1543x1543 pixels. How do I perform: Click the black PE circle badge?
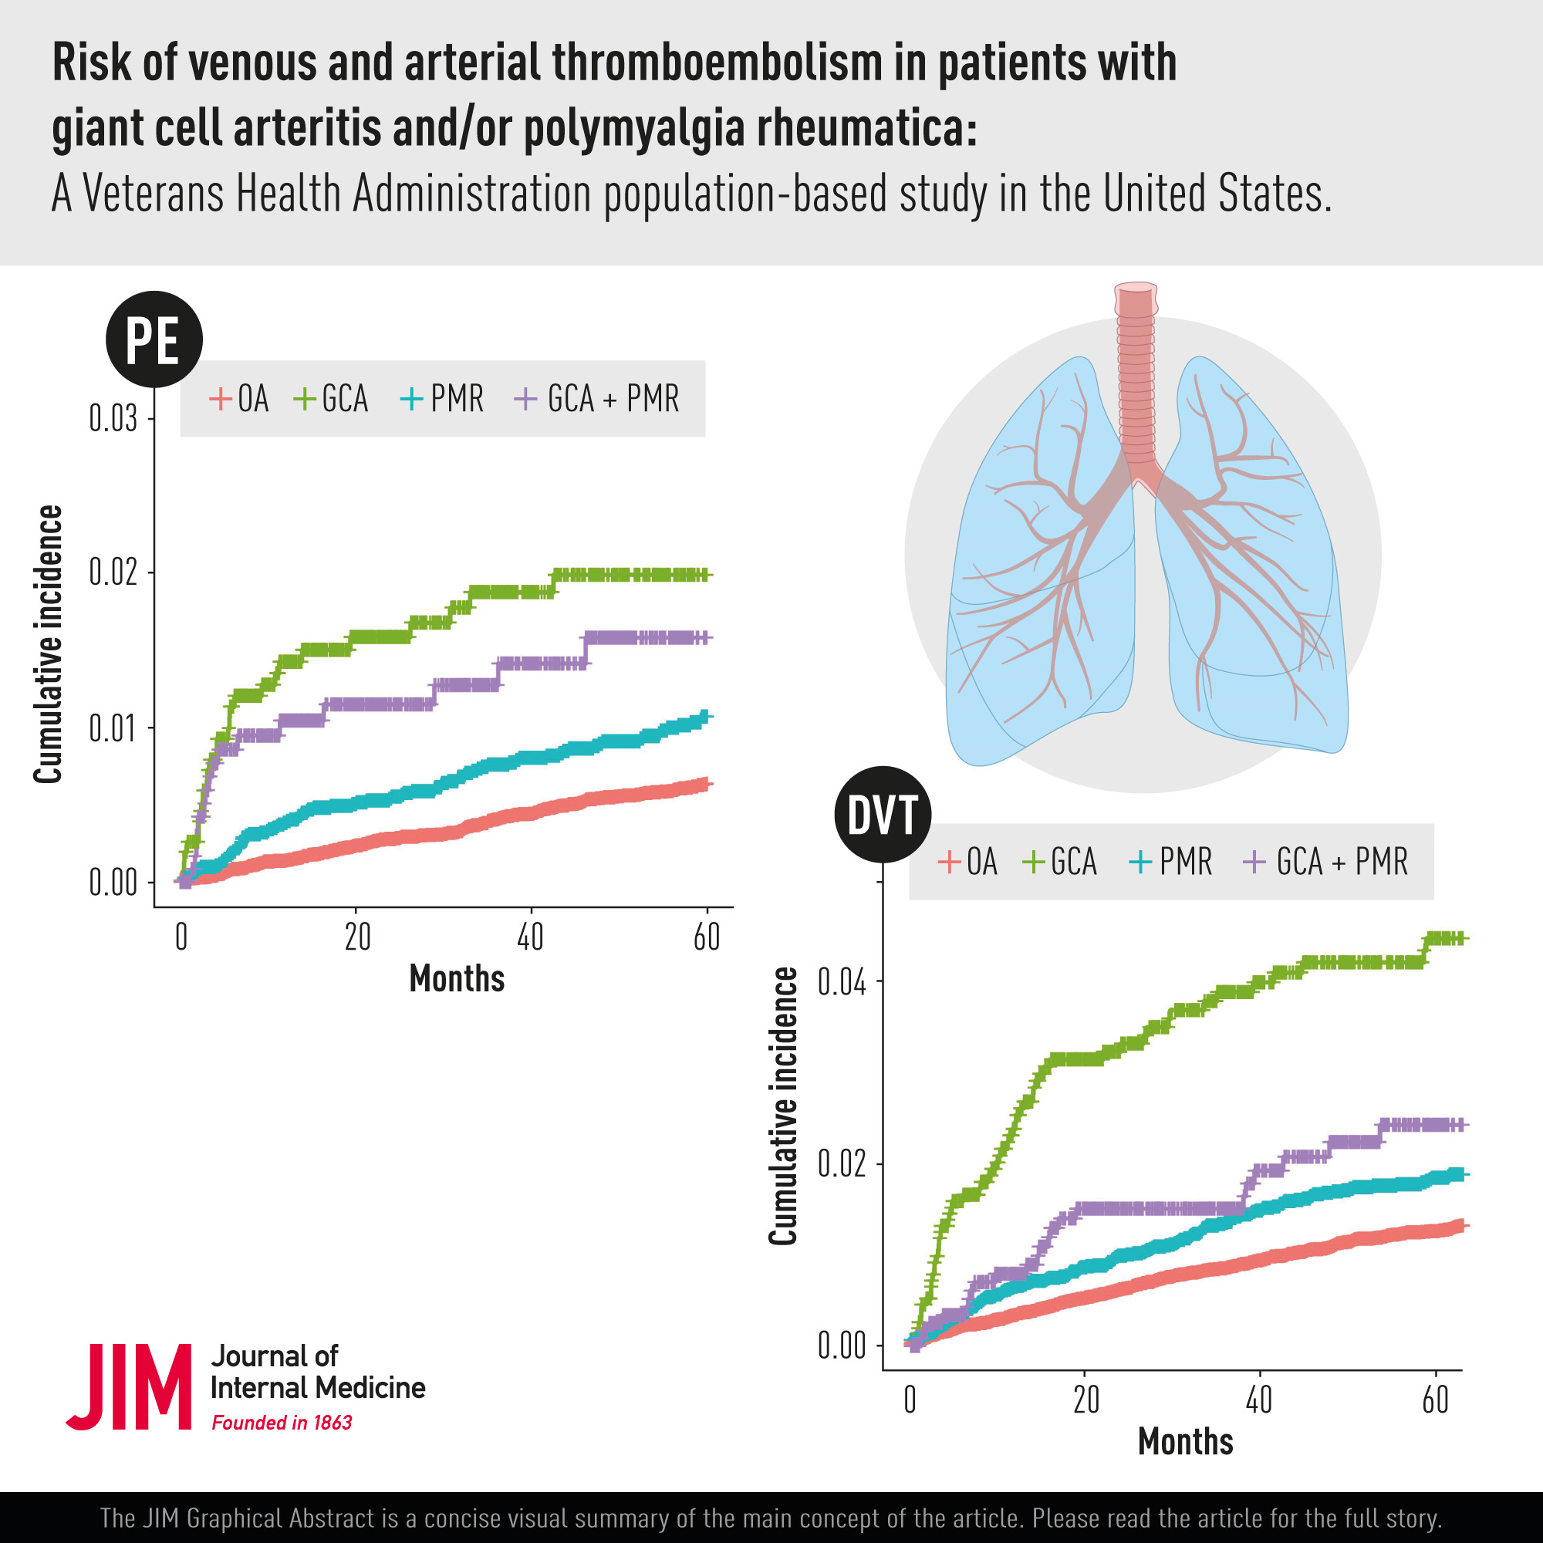tap(154, 340)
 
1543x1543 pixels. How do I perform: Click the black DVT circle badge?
tap(883, 815)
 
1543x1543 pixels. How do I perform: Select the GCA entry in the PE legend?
tap(332, 399)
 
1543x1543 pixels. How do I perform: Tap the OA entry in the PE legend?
tap(240, 399)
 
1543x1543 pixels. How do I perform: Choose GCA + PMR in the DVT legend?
tap(1325, 862)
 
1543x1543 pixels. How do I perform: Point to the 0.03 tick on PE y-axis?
tap(113, 418)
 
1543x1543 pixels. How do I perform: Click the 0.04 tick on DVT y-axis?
tap(842, 983)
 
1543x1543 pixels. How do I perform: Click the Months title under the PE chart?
tap(457, 979)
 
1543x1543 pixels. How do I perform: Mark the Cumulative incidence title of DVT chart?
tap(784, 1106)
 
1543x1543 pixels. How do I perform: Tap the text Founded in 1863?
tap(281, 1423)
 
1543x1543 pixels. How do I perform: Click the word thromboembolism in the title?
tap(717, 63)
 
